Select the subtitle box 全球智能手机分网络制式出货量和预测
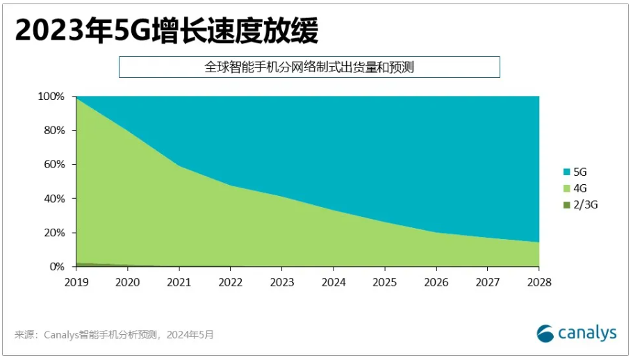tap(309, 67)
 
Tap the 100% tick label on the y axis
tap(51, 97)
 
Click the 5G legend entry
tap(577, 172)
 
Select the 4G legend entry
tap(577, 188)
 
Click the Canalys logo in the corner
tap(576, 334)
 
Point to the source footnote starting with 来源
tap(114, 335)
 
